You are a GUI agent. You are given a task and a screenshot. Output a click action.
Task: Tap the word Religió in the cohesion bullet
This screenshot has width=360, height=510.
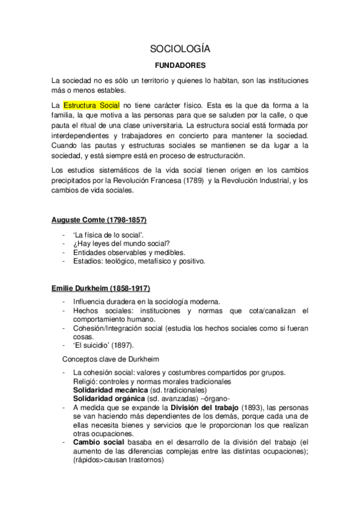(x=86, y=381)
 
